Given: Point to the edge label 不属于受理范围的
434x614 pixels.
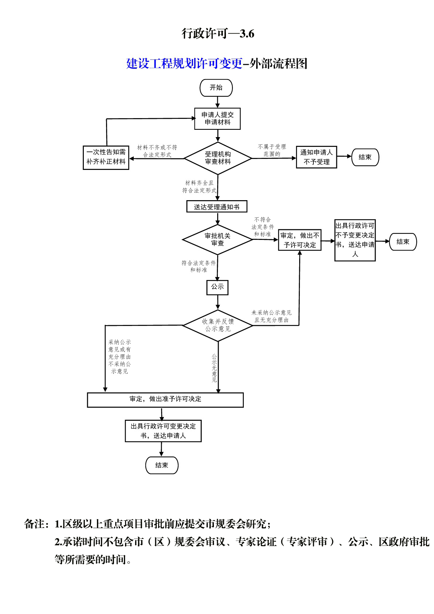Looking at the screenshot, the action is tap(272, 151).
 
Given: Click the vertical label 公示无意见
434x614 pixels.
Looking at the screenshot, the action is tap(214, 368).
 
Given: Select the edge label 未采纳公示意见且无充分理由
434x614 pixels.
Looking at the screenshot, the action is tap(271, 316).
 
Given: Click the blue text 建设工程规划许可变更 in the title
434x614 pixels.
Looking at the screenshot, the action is tap(184, 63).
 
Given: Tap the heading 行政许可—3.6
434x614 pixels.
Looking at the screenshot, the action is tap(218, 34).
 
